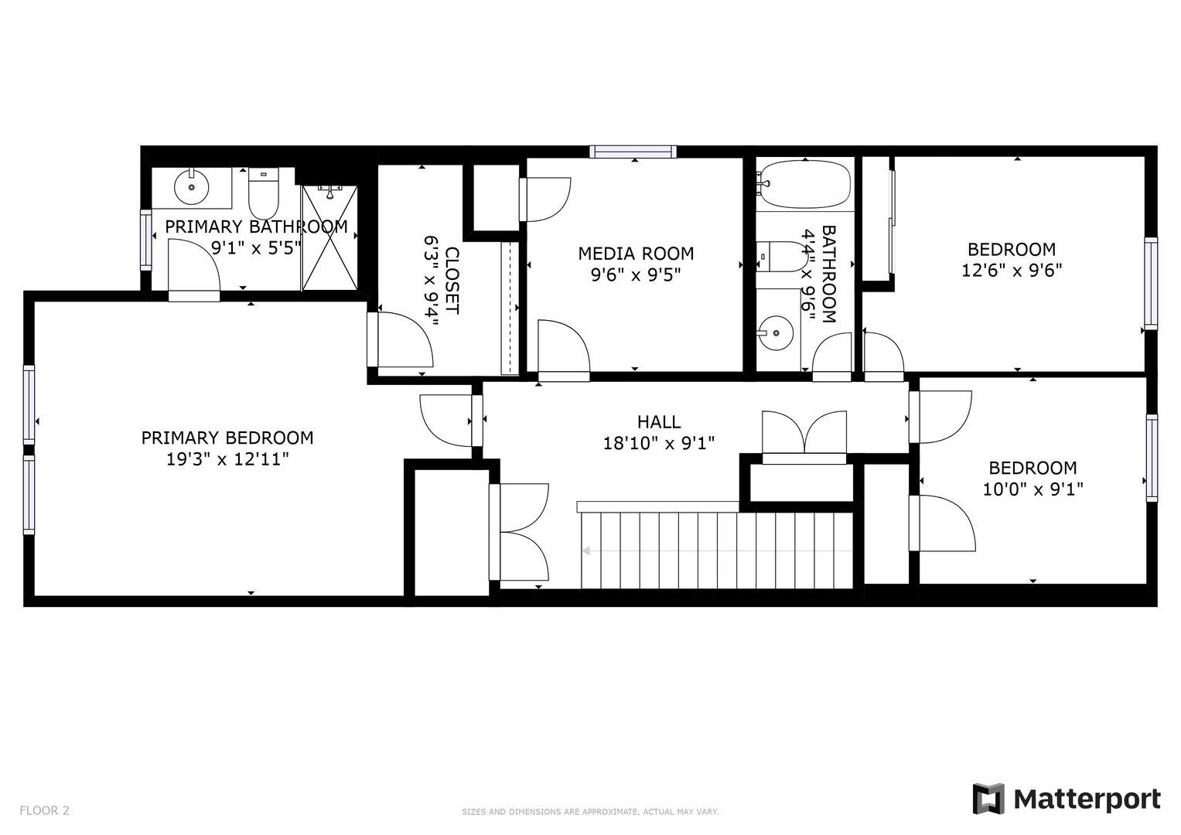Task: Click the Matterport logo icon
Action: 988,799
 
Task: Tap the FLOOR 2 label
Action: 44,810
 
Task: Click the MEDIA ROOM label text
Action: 636,254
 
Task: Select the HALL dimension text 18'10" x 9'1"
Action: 658,443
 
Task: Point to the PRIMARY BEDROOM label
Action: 227,438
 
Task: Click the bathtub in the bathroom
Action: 804,185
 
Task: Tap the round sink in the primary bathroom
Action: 191,186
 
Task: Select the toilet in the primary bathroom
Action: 264,193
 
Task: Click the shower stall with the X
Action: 329,238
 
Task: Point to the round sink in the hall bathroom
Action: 776,333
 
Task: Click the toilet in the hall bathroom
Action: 781,257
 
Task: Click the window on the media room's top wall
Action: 633,152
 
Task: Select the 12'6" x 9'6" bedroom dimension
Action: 1011,271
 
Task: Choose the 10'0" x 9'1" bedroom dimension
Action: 1033,489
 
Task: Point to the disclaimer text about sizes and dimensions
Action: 590,812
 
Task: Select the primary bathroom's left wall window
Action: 145,240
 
